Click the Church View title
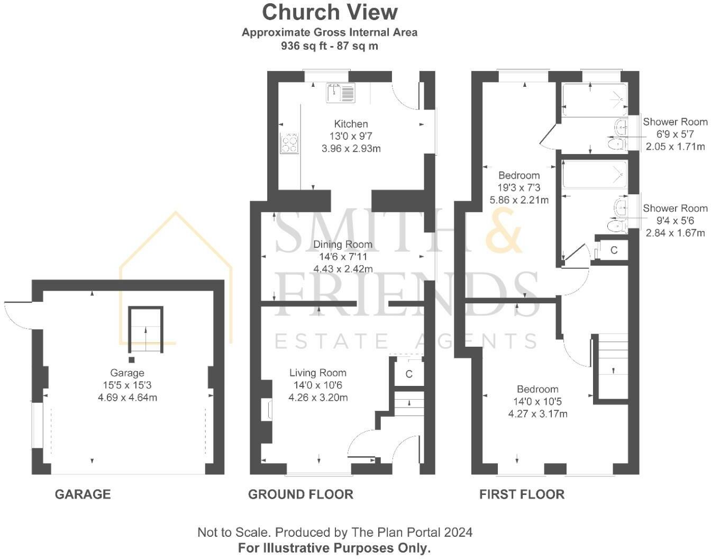click(330, 12)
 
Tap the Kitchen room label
click(351, 124)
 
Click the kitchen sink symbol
click(341, 92)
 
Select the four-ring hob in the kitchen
click(289, 142)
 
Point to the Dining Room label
click(343, 245)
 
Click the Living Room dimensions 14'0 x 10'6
click(318, 385)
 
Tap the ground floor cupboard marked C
click(409, 374)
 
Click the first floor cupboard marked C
click(614, 250)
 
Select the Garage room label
click(127, 373)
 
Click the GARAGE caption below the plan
click(83, 494)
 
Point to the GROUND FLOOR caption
click(300, 494)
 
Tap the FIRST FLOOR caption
click(522, 494)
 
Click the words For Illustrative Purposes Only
click(334, 548)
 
